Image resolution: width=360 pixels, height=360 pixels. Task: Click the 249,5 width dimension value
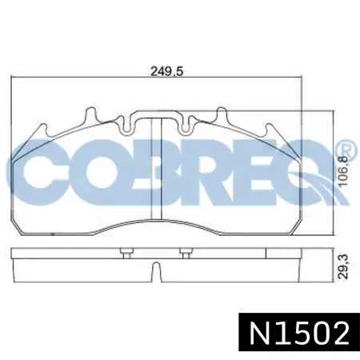[x=167, y=72]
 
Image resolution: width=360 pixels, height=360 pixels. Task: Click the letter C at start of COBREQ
[x=35, y=173]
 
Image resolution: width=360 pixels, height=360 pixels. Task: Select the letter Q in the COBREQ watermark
[x=312, y=173]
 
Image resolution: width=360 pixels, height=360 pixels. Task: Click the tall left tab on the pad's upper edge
[x=91, y=115]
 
